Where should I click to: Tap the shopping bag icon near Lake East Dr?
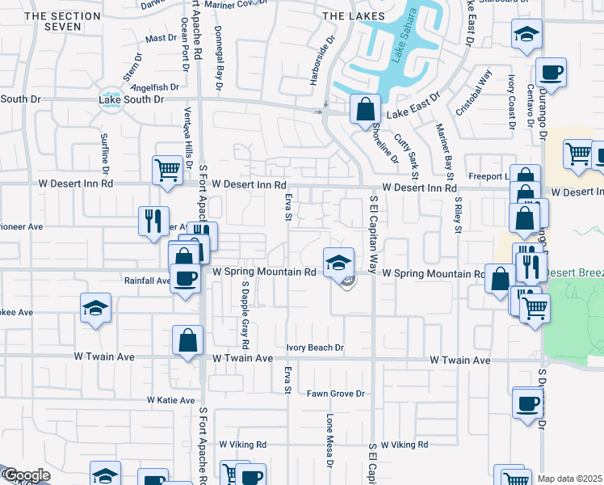[x=365, y=108]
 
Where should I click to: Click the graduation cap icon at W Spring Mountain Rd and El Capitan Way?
[x=339, y=262]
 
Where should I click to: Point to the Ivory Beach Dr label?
[x=316, y=348]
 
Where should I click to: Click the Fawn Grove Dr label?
[x=336, y=394]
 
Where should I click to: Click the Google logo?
[x=27, y=476]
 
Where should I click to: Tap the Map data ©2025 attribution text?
[x=570, y=479]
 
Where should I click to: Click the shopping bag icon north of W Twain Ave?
[x=187, y=340]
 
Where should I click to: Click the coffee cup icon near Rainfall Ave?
[x=186, y=280]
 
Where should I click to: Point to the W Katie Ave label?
[x=171, y=400]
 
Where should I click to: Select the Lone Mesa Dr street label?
[x=329, y=441]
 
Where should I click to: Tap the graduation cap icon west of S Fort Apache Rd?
[x=95, y=308]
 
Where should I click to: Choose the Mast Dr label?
[x=161, y=38]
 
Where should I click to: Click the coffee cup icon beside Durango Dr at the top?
[x=552, y=73]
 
